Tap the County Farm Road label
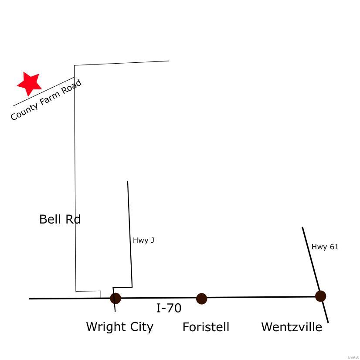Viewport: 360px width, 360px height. click(46, 100)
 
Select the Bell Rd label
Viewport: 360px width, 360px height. click(60, 219)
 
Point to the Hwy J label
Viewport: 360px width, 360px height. click(143, 240)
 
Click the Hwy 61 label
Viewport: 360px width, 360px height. click(325, 247)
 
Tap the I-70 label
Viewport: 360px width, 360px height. click(169, 308)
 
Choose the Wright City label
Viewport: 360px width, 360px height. click(119, 326)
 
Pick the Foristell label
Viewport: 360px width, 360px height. click(206, 327)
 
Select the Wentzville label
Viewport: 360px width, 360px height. click(291, 327)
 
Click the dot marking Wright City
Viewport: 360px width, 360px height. click(115, 298)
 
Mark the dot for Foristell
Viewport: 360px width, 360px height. click(201, 299)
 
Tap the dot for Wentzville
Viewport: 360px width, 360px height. click(320, 296)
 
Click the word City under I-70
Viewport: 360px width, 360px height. click(141, 326)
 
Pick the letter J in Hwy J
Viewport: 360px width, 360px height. click(152, 240)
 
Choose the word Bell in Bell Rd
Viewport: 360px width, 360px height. click(50, 219)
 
